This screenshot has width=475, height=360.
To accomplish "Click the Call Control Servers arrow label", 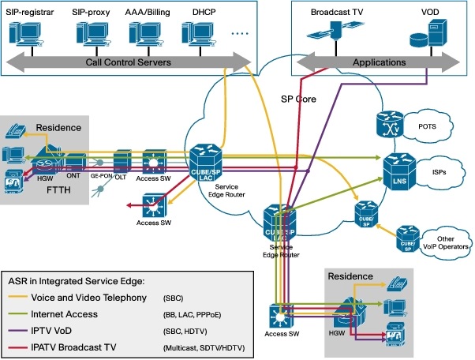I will pyautogui.click(x=128, y=62).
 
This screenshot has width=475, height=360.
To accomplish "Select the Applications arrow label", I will pyautogui.click(x=379, y=62).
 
